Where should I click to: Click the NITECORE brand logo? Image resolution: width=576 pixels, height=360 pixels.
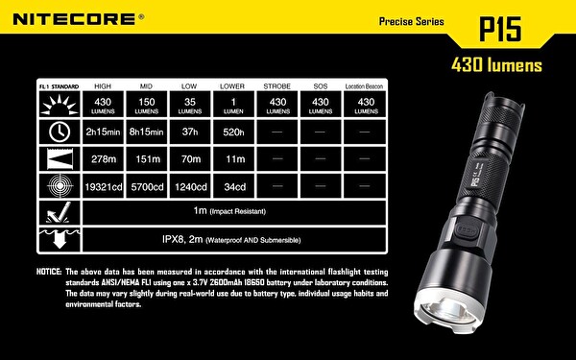pos(73,17)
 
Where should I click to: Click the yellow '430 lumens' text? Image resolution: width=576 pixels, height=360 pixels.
pos(495,66)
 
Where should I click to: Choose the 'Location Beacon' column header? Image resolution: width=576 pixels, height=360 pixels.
pos(364,85)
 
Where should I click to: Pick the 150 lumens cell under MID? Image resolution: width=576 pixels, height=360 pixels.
pos(146,106)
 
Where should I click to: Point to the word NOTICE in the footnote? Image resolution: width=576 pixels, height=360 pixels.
pos(49,272)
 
